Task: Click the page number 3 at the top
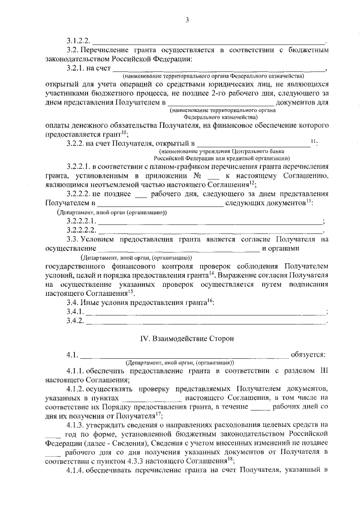(x=187, y=20)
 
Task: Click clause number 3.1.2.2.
(x=78, y=40)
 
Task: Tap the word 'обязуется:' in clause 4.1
(x=308, y=355)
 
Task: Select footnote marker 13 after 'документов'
(x=309, y=200)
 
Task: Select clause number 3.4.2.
(x=75, y=321)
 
